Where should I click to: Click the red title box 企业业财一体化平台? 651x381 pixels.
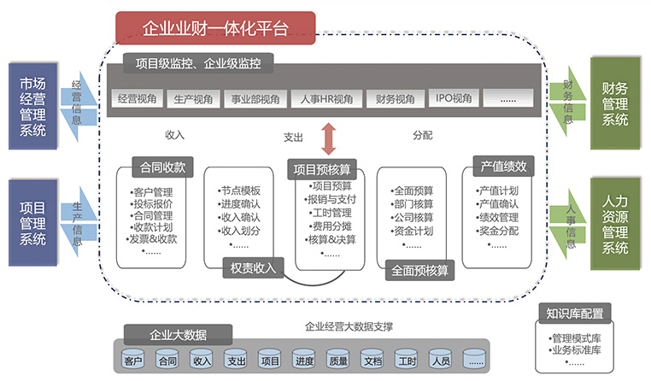[215, 28]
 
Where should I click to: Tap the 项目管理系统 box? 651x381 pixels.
[34, 221]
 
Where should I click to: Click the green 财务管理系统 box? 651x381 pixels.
[615, 103]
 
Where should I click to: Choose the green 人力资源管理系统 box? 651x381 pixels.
[615, 224]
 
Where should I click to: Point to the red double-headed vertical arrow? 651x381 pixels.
[329, 137]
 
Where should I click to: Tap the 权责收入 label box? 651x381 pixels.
[253, 267]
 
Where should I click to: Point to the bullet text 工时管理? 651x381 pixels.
[331, 213]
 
